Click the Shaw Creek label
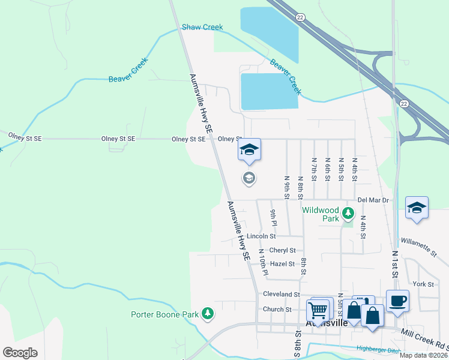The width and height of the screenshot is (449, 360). (202, 27)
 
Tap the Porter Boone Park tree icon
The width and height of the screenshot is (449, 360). (207, 314)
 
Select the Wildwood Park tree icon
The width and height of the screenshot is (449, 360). (348, 213)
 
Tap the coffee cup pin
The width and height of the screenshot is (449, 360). (397, 300)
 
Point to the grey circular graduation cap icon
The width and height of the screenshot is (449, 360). (249, 178)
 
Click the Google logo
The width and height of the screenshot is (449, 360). (20, 353)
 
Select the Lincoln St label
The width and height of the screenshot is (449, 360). (261, 236)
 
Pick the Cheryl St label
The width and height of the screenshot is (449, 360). (282, 250)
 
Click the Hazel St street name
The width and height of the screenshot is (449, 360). (282, 263)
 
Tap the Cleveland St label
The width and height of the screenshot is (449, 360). (281, 295)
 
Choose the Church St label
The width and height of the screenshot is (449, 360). (277, 310)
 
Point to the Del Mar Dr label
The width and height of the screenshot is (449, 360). (373, 200)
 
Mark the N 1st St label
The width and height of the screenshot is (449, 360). (395, 263)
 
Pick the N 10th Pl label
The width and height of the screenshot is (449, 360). (262, 262)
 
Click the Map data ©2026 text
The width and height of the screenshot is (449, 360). (423, 355)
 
